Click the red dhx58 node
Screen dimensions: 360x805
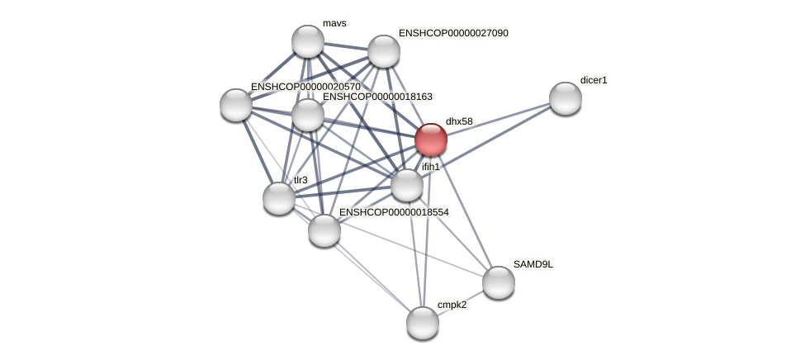coord(430,140)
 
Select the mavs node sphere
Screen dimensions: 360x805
coord(308,41)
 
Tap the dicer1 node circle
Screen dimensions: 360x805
coord(566,97)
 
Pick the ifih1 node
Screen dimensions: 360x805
coord(406,185)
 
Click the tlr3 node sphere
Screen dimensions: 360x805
coord(279,198)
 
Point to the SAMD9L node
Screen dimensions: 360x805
coord(499,282)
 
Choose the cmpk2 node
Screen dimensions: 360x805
coord(423,322)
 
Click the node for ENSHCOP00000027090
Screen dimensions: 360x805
coord(384,51)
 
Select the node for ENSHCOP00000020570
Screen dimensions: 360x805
coord(236,105)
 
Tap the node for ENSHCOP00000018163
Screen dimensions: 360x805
coord(308,115)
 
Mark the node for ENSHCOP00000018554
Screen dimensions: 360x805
coord(324,230)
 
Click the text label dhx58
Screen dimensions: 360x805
coord(459,121)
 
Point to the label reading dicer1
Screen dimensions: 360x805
coord(594,80)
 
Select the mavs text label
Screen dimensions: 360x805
coord(334,23)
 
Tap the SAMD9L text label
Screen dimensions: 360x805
coord(533,264)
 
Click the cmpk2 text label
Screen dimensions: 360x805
coord(452,305)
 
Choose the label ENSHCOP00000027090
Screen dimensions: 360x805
coord(453,33)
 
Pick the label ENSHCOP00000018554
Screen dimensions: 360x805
coord(394,212)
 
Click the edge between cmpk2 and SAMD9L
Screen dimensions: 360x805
coord(461,302)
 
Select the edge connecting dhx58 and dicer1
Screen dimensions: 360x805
coord(498,118)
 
